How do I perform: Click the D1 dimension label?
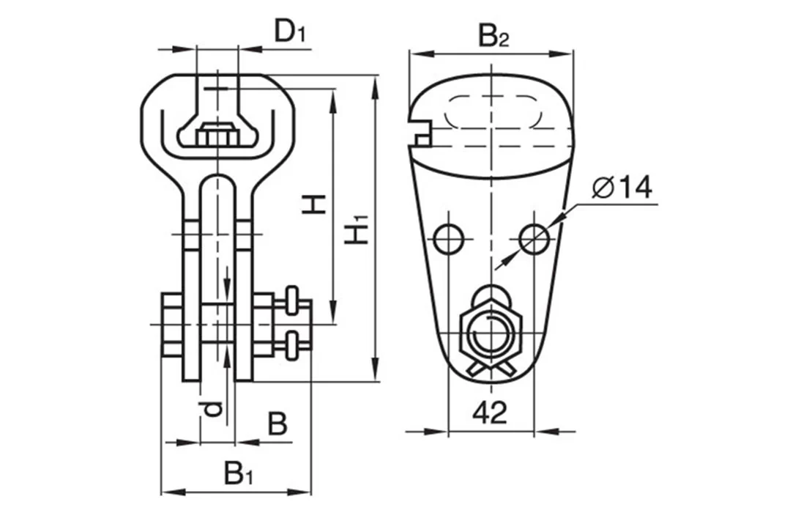point(289,33)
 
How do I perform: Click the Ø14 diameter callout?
point(622,188)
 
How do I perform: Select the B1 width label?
point(239,474)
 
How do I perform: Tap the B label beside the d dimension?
point(277,424)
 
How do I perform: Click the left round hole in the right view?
point(448,237)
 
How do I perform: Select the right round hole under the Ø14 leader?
point(534,237)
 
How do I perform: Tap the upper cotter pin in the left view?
point(291,299)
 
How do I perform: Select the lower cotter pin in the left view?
point(291,345)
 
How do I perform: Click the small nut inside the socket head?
point(217,136)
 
